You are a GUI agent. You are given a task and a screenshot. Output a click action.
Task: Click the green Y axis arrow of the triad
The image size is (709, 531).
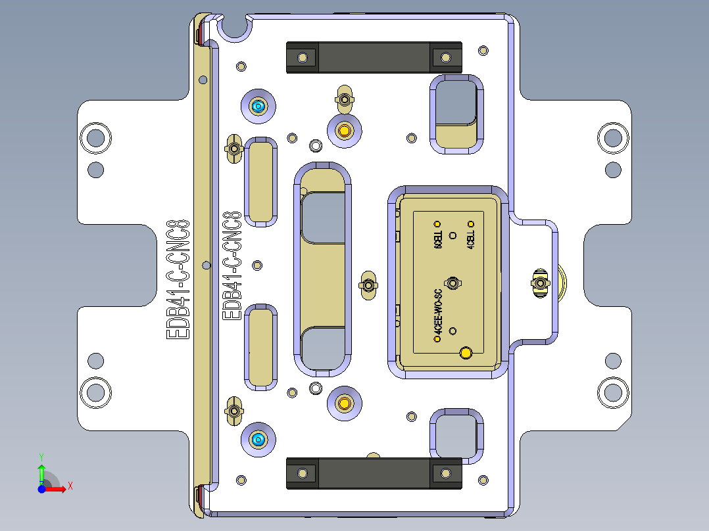(x=41, y=471)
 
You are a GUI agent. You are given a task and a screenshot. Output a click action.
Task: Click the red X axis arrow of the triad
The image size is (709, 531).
(x=58, y=488)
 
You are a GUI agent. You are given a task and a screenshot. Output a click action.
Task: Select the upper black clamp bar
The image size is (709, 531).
(x=374, y=57)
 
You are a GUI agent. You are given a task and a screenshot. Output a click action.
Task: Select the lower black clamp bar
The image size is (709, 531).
(x=374, y=474)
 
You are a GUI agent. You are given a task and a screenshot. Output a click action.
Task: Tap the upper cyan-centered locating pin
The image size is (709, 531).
(x=258, y=106)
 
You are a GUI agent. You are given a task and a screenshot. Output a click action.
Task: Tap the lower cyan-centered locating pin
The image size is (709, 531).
(x=258, y=439)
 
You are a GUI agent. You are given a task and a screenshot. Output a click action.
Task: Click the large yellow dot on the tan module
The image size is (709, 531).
(x=466, y=354)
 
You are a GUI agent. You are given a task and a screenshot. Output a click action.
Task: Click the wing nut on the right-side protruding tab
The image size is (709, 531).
(x=540, y=283)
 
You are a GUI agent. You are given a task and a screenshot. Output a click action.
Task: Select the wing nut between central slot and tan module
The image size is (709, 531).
(x=368, y=285)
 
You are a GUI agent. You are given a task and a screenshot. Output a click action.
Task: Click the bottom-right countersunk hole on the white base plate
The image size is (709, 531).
(x=613, y=393)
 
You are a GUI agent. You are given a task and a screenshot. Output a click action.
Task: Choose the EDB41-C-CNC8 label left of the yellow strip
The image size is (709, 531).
(x=179, y=279)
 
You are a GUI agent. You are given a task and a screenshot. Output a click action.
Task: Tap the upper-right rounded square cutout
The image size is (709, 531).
(x=456, y=112)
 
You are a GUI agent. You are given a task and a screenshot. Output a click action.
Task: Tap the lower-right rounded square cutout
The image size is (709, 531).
(x=456, y=434)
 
